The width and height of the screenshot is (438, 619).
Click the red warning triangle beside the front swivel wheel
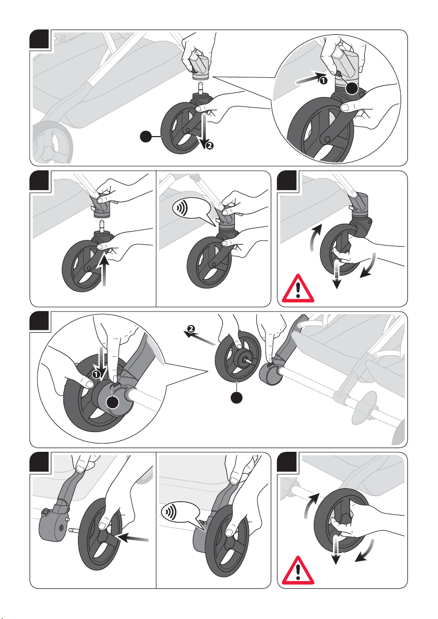click(298, 289)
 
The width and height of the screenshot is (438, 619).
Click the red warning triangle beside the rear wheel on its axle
click(298, 571)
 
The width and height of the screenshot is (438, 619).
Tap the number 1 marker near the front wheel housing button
click(323, 80)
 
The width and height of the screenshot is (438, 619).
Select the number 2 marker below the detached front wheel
click(209, 145)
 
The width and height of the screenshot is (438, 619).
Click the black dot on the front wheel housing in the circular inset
click(352, 88)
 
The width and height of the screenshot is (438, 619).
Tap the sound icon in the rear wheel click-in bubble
click(170, 513)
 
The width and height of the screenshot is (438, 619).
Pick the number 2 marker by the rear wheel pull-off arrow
click(191, 328)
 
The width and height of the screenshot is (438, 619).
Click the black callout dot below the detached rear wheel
click(236, 397)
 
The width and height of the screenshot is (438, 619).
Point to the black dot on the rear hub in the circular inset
click(113, 402)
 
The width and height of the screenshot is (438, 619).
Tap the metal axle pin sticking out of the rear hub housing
click(75, 529)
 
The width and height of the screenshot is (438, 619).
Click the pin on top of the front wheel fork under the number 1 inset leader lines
click(201, 87)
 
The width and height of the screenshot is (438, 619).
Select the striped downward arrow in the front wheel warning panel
click(337, 274)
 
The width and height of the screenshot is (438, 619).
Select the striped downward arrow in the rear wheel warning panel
click(336, 549)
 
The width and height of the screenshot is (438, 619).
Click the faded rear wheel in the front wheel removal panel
click(52, 142)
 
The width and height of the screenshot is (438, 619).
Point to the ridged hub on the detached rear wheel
click(242, 357)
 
